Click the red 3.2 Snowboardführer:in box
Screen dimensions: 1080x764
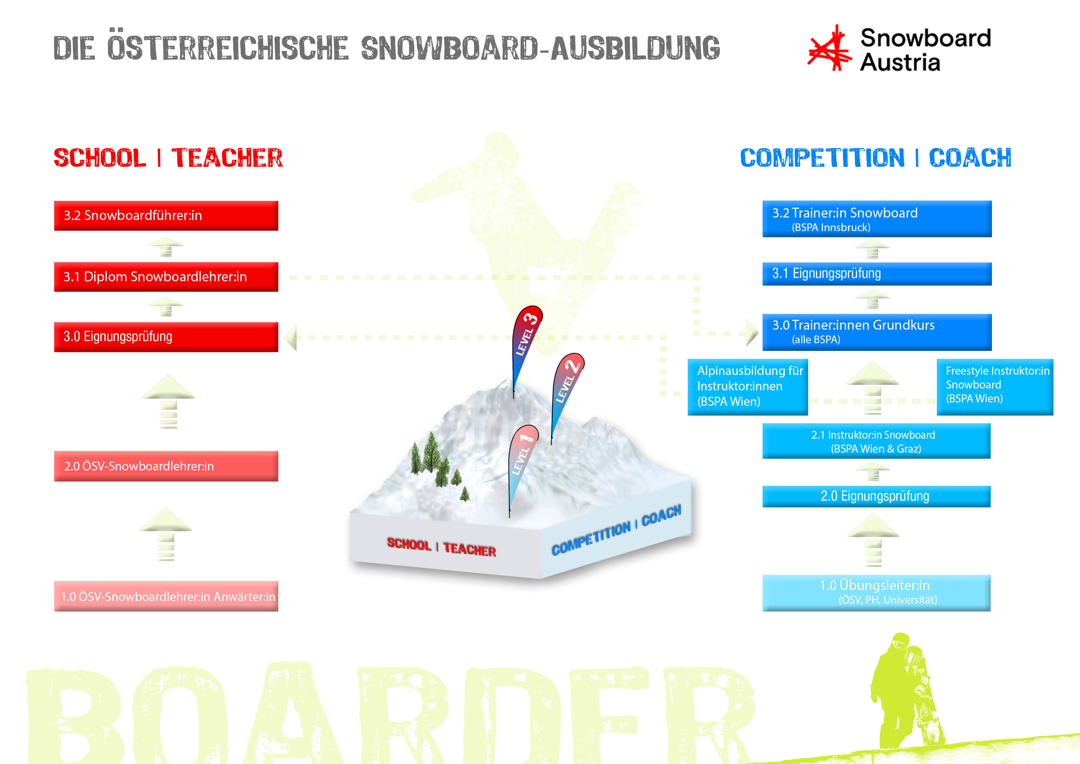[166, 216]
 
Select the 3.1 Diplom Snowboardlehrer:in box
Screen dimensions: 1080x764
[166, 277]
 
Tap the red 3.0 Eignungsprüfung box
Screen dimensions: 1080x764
[166, 337]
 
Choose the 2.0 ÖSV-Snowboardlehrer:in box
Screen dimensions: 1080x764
[166, 466]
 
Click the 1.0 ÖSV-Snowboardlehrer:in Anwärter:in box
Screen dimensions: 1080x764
[166, 596]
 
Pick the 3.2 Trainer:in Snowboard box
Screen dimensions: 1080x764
[877, 219]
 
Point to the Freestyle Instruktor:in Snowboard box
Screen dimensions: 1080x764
[995, 387]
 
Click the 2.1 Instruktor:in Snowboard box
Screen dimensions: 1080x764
[876, 441]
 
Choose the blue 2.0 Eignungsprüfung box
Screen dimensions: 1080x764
[876, 497]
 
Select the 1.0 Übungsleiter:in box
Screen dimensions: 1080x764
[876, 593]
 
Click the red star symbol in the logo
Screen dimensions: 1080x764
[830, 48]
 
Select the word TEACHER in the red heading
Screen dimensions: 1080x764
[227, 158]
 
